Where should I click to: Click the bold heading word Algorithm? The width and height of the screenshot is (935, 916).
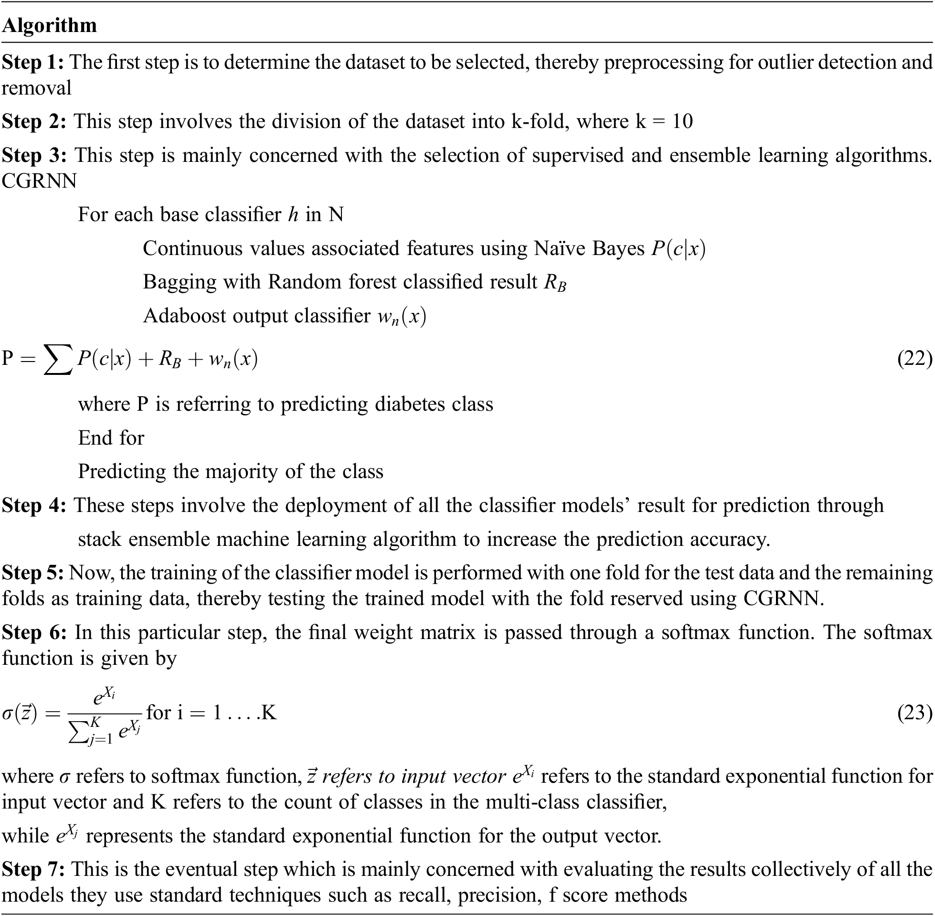(x=50, y=25)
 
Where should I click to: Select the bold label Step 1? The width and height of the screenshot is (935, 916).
(x=32, y=63)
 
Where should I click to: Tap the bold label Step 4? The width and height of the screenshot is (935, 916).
(x=34, y=506)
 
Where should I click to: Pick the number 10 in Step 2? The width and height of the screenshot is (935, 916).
(x=682, y=121)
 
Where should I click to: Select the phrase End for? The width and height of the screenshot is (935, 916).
(x=111, y=438)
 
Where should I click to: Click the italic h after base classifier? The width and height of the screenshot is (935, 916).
(x=293, y=214)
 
